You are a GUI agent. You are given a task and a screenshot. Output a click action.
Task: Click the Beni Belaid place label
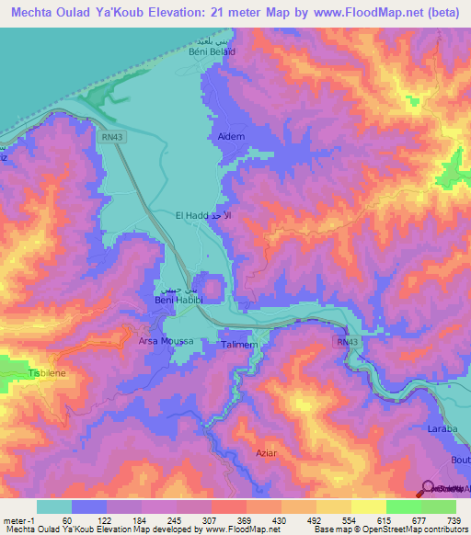(x=207, y=51)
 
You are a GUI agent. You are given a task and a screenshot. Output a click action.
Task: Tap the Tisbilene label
(x=46, y=374)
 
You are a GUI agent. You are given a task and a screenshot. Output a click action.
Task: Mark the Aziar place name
(x=267, y=453)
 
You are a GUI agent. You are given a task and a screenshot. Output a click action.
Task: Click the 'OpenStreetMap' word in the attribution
(x=377, y=529)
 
